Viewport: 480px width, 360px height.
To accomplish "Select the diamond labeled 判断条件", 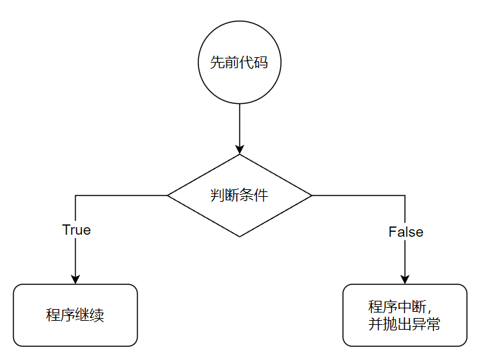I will coord(240,195).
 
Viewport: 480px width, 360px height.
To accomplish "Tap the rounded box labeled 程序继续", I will coord(75,315).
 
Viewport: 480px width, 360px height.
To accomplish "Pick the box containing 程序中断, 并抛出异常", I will coord(404,315).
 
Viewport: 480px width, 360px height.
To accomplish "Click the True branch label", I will coord(76,230).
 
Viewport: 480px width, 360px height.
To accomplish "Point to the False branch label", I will coord(406,232).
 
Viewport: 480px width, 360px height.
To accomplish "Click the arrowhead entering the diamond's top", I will coord(240,149).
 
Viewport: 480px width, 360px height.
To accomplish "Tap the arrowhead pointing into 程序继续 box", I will coord(75,279).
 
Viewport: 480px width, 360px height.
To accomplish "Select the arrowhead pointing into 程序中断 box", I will coord(405,279).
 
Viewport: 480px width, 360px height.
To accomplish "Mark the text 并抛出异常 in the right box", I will coord(404,324).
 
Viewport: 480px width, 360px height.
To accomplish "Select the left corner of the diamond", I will coord(169,195).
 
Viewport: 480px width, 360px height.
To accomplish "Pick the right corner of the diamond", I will coord(311,195).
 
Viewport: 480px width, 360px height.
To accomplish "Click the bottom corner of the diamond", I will coord(240,237).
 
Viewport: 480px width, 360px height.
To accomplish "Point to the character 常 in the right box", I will coord(433,324).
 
